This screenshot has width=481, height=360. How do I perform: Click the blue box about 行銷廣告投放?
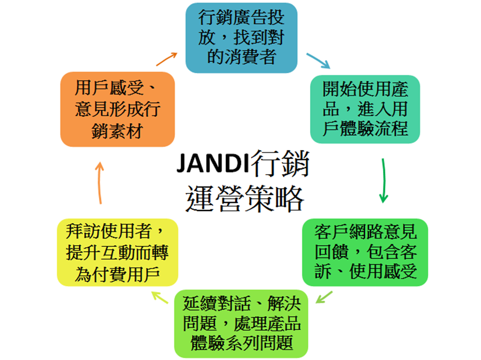coord(241,37)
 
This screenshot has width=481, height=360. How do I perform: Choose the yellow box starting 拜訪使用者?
coord(118,252)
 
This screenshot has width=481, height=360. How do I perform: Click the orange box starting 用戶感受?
coord(117,109)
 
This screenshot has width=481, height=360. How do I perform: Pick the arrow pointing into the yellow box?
coord(160,297)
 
